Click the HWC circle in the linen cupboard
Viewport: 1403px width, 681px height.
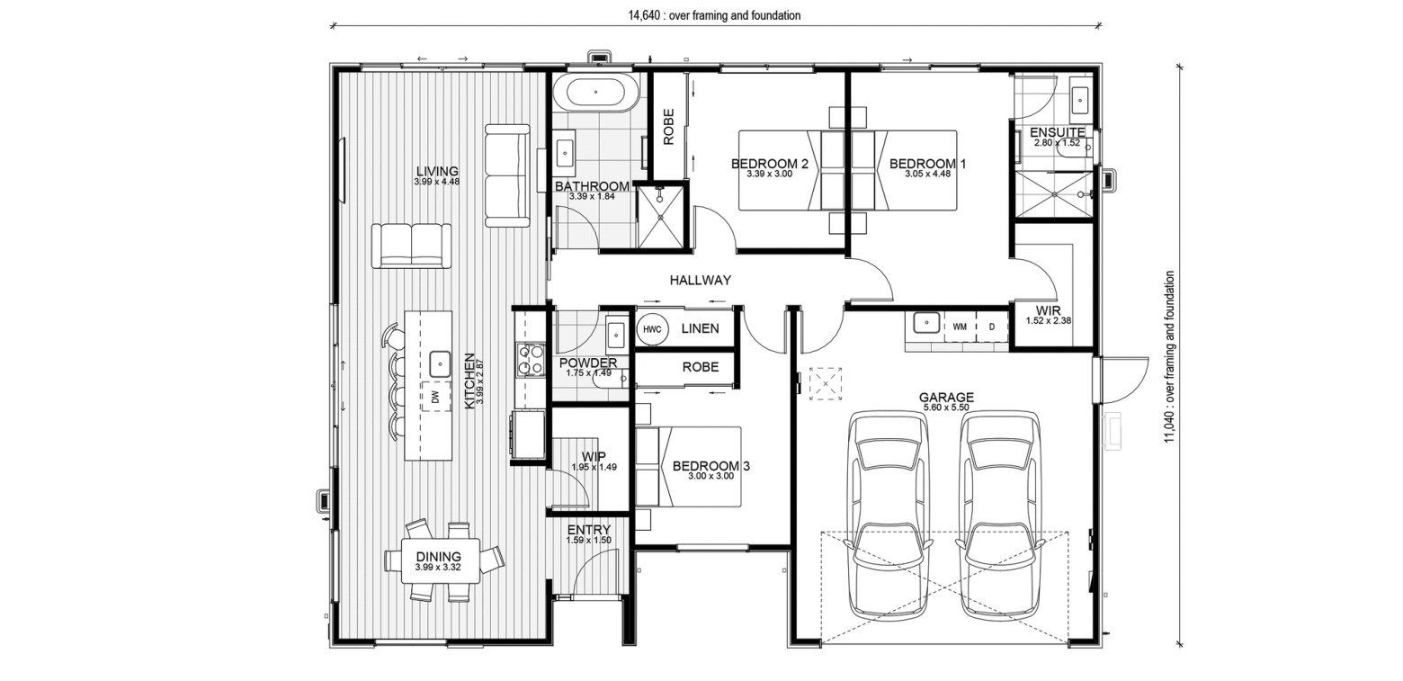click(x=652, y=329)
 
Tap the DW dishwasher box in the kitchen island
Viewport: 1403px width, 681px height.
click(x=436, y=396)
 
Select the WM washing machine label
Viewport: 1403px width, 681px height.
click(x=959, y=327)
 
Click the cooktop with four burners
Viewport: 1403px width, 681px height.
click(x=531, y=360)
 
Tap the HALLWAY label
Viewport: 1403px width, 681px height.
click(x=701, y=280)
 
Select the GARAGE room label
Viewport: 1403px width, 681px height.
click(x=946, y=398)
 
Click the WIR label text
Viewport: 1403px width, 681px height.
click(x=1048, y=310)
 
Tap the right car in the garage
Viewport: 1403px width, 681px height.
click(x=1000, y=515)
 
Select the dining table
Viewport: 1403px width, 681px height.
click(x=441, y=560)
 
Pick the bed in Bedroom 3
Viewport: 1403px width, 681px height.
click(x=688, y=467)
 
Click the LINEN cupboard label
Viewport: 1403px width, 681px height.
click(x=701, y=328)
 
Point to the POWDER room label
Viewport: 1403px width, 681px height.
click(x=588, y=363)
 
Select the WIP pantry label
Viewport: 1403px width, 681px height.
click(x=594, y=457)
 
